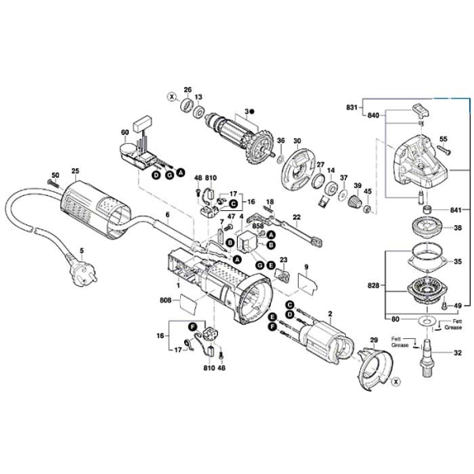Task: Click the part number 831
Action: point(352,107)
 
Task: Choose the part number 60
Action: point(123,132)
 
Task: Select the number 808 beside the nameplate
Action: point(165,300)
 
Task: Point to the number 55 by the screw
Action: point(442,139)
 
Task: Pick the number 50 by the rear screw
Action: point(55,175)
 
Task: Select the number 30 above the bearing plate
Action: point(298,141)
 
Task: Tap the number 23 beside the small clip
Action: point(284,259)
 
